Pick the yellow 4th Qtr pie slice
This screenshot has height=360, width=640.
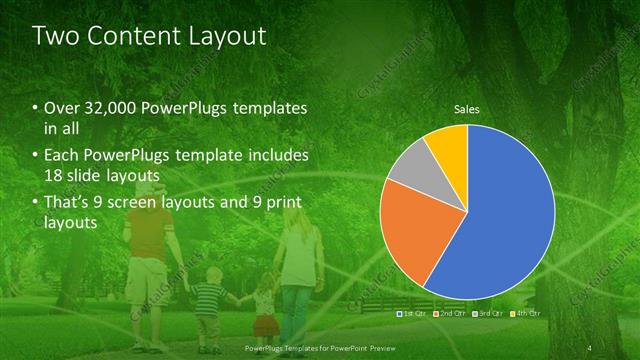point(448,145)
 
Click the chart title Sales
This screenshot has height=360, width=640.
point(467,107)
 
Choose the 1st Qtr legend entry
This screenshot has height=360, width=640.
point(412,314)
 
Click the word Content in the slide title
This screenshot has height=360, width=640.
point(129,37)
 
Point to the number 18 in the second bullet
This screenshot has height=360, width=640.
point(54,176)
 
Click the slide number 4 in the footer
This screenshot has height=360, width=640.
point(591,346)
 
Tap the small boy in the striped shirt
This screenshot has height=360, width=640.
point(208,310)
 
